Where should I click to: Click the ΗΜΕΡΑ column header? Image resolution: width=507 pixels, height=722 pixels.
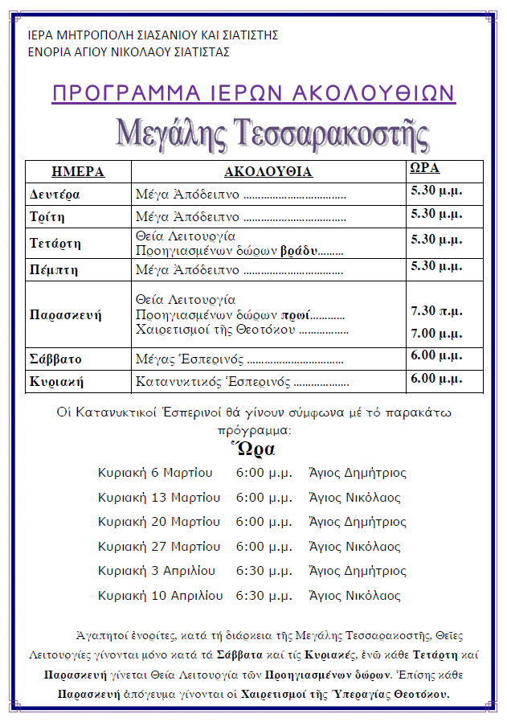tap(78, 172)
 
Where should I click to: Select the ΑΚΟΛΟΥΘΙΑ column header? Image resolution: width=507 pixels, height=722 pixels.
tap(268, 172)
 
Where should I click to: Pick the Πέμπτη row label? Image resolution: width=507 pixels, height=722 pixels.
tap(54, 269)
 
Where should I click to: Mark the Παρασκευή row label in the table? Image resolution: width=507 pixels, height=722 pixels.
tap(65, 314)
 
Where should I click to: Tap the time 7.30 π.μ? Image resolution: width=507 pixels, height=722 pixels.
tap(436, 310)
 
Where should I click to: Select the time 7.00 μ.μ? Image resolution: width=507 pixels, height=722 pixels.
tap(436, 333)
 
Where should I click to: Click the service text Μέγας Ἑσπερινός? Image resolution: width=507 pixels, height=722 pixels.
tap(190, 359)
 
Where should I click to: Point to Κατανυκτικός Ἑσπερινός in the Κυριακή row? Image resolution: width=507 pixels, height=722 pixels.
tap(212, 381)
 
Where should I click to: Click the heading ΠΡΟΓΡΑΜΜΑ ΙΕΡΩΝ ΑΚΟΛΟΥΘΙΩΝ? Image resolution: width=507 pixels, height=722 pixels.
tap(253, 93)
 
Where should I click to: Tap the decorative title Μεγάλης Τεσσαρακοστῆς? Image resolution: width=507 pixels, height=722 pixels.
tap(272, 133)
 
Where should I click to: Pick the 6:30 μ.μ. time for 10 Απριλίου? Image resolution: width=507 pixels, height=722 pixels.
tap(264, 596)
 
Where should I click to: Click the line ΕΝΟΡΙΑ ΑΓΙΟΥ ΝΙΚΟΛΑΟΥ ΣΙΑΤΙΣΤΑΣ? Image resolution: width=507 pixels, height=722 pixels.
tap(129, 52)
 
